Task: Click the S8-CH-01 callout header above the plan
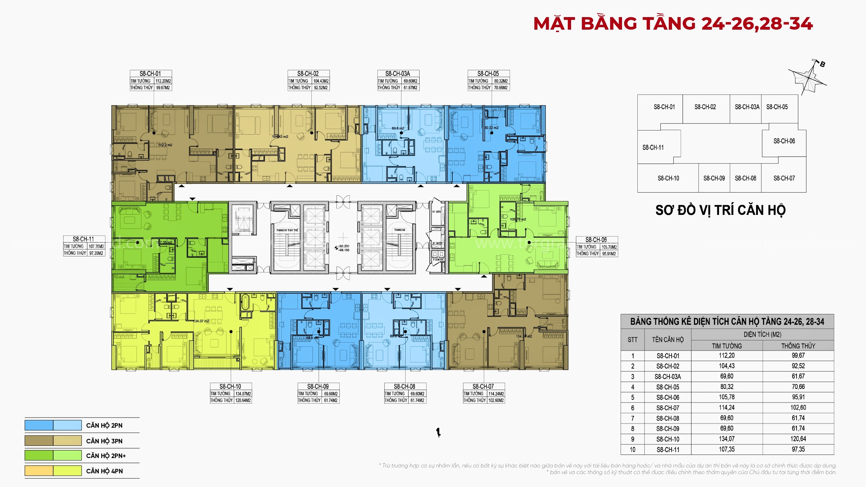pos(150,74)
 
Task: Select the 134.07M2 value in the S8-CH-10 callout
pos(243,394)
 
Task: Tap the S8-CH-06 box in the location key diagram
pos(784,141)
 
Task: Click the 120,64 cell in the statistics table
pos(798,439)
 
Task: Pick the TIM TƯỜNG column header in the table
pos(727,346)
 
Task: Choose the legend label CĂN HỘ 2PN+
pos(106,456)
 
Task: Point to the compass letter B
pos(822,64)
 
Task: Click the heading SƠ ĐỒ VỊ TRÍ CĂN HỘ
pos(720,210)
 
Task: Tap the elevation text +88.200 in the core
pos(343,246)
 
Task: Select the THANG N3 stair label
pos(399,230)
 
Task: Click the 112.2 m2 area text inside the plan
pos(165,145)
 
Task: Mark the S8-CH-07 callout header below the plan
pos(483,387)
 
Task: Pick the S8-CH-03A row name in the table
pos(667,376)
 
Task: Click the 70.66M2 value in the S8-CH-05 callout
pos(501,88)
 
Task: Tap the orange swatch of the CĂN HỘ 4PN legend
pos(39,471)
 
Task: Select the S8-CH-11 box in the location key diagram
pos(653,148)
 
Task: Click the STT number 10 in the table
pos(632,449)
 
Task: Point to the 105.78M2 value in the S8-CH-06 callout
pos(609,247)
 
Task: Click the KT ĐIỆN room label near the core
pos(436,212)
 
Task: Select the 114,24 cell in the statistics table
pos(727,407)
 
